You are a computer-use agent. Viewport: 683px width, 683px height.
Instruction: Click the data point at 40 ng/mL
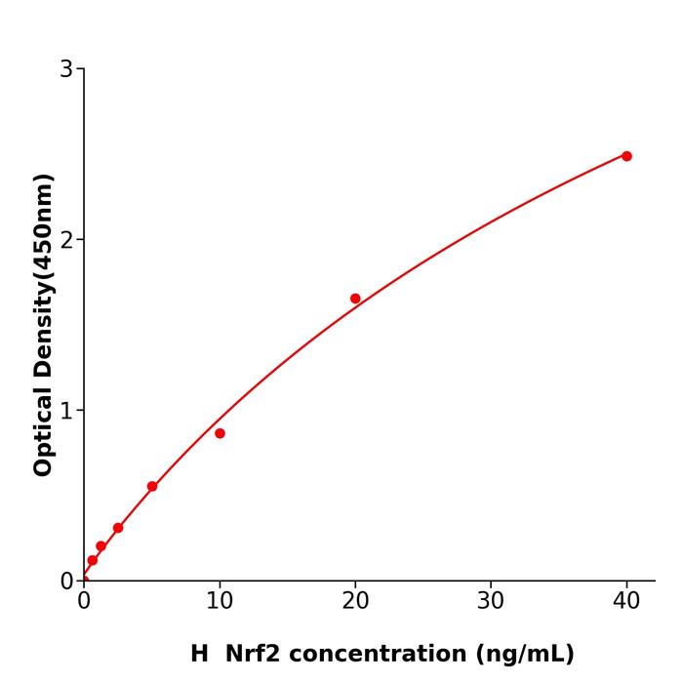click(626, 156)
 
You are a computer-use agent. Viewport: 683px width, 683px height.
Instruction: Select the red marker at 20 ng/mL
click(355, 299)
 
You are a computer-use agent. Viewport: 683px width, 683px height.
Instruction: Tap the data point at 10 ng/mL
click(220, 433)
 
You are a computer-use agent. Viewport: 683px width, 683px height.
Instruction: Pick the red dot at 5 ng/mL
click(152, 486)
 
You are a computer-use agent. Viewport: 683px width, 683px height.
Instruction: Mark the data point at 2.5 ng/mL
click(118, 528)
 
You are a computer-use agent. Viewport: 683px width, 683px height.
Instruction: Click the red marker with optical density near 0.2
click(100, 546)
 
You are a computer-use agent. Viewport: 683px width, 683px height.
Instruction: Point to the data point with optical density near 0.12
click(93, 560)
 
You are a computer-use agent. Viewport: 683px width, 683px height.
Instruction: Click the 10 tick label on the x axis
click(220, 602)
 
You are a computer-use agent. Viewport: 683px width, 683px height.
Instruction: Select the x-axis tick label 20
click(355, 602)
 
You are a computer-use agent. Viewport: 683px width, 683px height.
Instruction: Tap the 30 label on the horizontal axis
click(491, 602)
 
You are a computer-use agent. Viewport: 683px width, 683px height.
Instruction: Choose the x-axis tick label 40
click(626, 602)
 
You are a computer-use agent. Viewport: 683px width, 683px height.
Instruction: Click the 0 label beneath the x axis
click(84, 602)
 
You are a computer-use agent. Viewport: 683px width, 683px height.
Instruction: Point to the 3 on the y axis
click(66, 69)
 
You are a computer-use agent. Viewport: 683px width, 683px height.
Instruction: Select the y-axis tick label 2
click(66, 240)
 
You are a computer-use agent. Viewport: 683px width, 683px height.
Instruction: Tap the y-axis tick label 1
click(66, 411)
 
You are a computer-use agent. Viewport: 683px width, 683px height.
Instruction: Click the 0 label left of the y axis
click(66, 582)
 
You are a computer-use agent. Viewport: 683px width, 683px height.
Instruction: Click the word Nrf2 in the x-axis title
click(254, 654)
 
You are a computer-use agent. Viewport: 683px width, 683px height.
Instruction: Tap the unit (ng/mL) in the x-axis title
click(523, 654)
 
